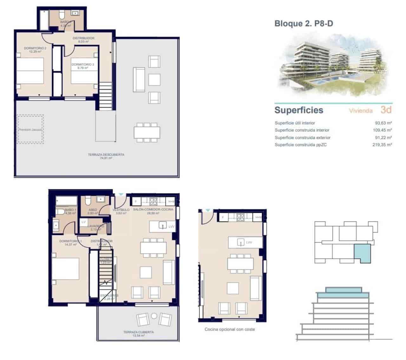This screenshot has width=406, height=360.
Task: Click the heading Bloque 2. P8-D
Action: pos(304,23)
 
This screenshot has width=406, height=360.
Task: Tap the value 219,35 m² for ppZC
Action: pos(382,145)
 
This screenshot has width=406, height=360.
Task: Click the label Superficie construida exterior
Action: pos(302,138)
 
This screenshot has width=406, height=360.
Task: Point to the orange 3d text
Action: pos(386,110)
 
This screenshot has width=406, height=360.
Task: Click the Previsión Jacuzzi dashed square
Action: pos(30,129)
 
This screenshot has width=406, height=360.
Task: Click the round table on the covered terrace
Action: pos(154,316)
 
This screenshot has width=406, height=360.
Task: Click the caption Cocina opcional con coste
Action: pos(230,329)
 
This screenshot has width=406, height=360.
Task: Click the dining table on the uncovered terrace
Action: pos(147,132)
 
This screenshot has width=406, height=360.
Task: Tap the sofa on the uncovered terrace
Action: pos(139,79)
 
